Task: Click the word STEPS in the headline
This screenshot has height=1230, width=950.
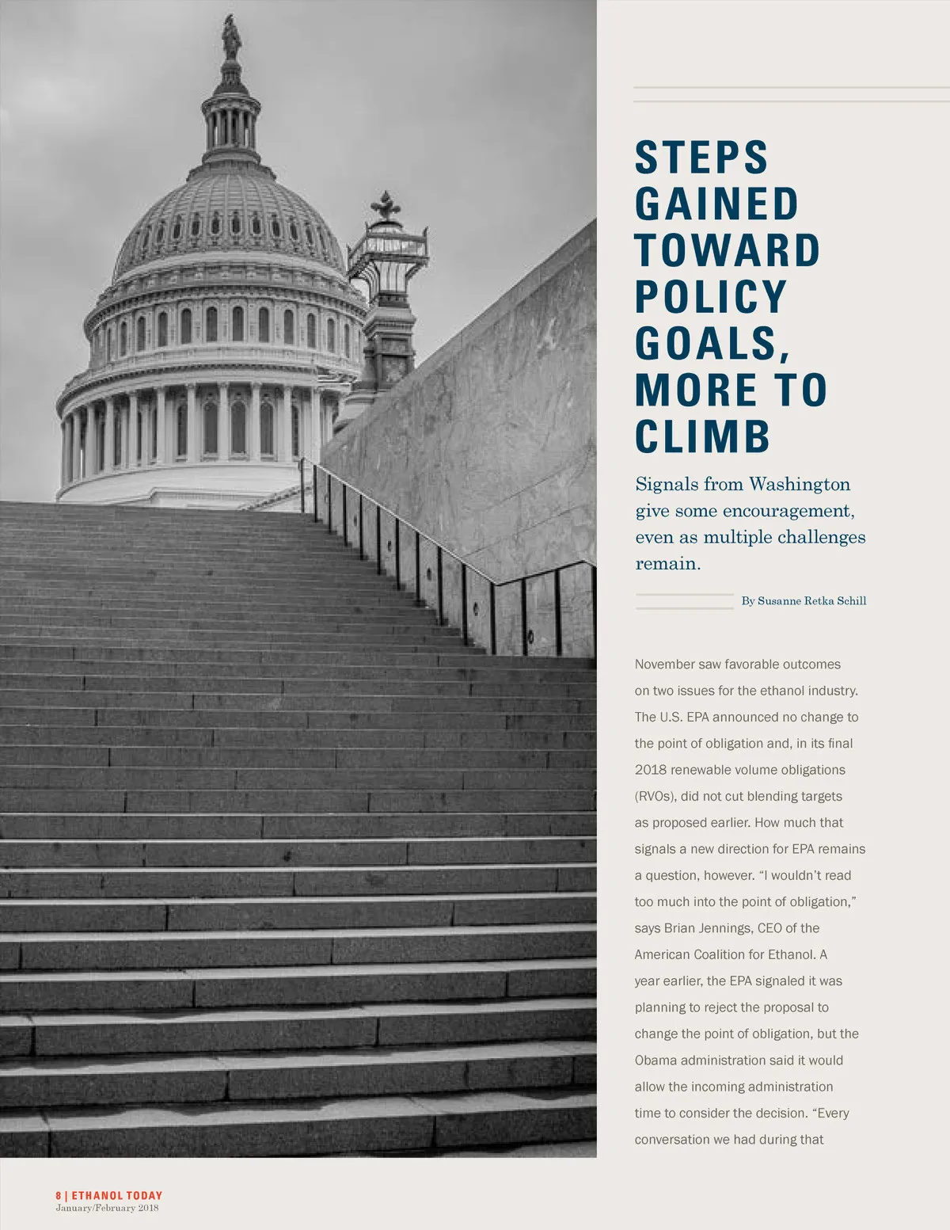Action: [x=701, y=157]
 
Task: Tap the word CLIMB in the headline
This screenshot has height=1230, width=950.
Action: [x=703, y=436]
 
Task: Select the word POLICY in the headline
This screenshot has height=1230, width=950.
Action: [x=711, y=296]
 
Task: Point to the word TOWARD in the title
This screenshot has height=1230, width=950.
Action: [x=728, y=250]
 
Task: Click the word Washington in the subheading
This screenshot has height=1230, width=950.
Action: [x=800, y=484]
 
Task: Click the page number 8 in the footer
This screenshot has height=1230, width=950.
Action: [x=59, y=1196]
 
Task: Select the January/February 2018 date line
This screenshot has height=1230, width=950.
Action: [x=107, y=1208]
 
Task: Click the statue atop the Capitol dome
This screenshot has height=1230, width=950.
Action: [x=231, y=36]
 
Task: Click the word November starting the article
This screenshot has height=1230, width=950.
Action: [x=665, y=665]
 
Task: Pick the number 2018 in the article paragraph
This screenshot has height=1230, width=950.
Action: [x=651, y=770]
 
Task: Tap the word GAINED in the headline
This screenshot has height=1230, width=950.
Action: [x=717, y=204]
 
